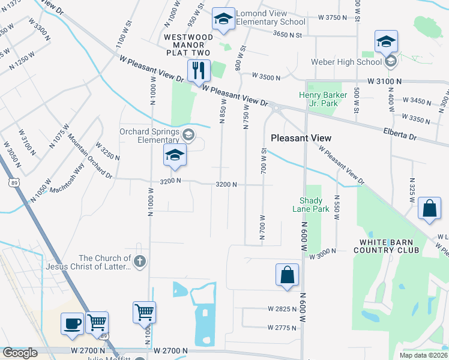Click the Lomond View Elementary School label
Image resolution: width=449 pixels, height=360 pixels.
pyautogui.click(x=270, y=17)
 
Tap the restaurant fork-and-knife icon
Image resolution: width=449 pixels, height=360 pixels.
pyautogui.click(x=197, y=71)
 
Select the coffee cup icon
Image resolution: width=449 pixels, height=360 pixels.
pyautogui.click(x=72, y=323)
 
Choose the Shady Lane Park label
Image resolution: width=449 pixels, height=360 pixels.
pyautogui.click(x=311, y=205)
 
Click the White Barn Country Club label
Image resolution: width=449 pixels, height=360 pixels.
pyautogui.click(x=389, y=246)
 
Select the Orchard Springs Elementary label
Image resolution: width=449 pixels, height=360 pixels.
pyautogui.click(x=142, y=136)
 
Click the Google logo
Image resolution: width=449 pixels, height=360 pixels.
pyautogui.click(x=20, y=352)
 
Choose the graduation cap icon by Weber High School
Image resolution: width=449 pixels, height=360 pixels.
pyautogui.click(x=387, y=41)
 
